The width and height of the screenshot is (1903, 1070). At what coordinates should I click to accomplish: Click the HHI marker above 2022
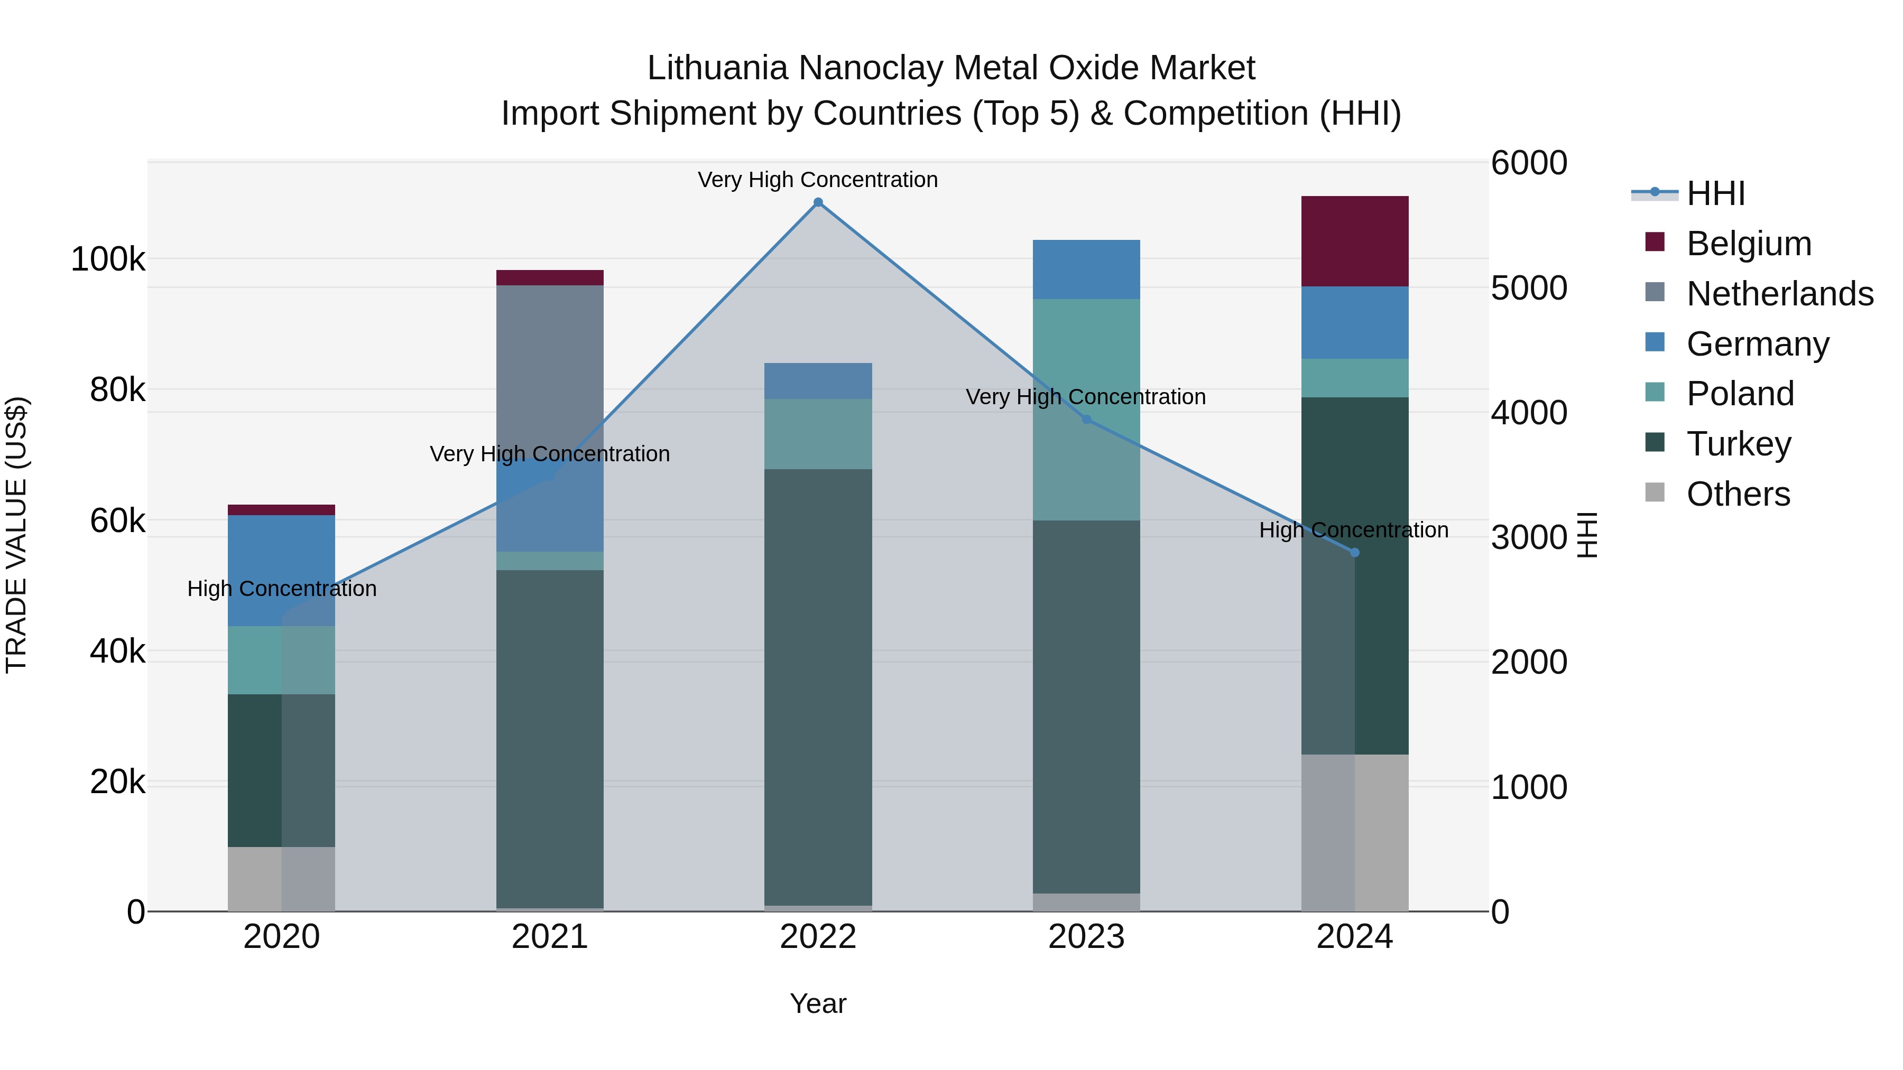click(818, 202)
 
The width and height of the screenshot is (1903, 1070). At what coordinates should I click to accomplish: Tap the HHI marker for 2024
click(1354, 552)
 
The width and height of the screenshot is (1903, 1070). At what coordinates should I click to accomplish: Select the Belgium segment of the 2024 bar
click(1354, 241)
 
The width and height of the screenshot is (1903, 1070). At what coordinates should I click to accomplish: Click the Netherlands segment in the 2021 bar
click(550, 369)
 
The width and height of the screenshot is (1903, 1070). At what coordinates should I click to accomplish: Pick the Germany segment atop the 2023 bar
click(1086, 269)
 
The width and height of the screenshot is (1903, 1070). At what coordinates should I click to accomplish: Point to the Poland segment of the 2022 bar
click(818, 434)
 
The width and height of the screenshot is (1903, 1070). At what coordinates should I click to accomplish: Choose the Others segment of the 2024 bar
click(1354, 832)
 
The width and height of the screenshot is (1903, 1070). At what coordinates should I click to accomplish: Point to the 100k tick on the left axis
click(108, 260)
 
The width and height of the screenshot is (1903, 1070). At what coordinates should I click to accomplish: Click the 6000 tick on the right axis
click(1528, 163)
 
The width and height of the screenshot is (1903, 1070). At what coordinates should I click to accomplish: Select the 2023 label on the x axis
click(1086, 937)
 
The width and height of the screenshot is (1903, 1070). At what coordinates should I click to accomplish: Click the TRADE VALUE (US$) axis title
click(16, 535)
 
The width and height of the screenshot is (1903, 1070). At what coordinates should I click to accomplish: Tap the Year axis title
click(818, 1003)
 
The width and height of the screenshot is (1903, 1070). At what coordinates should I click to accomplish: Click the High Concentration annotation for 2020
click(281, 589)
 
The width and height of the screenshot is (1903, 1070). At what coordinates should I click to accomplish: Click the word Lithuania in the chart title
click(717, 68)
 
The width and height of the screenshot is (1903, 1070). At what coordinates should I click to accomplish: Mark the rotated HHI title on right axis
click(1586, 535)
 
